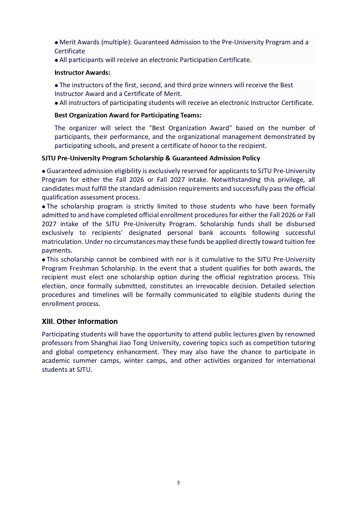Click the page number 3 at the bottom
[x=178, y=483]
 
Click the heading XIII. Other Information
[x=80, y=321]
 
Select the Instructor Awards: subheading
[x=82, y=73]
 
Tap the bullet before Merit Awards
[x=56, y=42]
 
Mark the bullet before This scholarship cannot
[x=44, y=260]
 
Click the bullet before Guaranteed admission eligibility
[x=44, y=171]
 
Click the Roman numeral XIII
[x=48, y=321]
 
